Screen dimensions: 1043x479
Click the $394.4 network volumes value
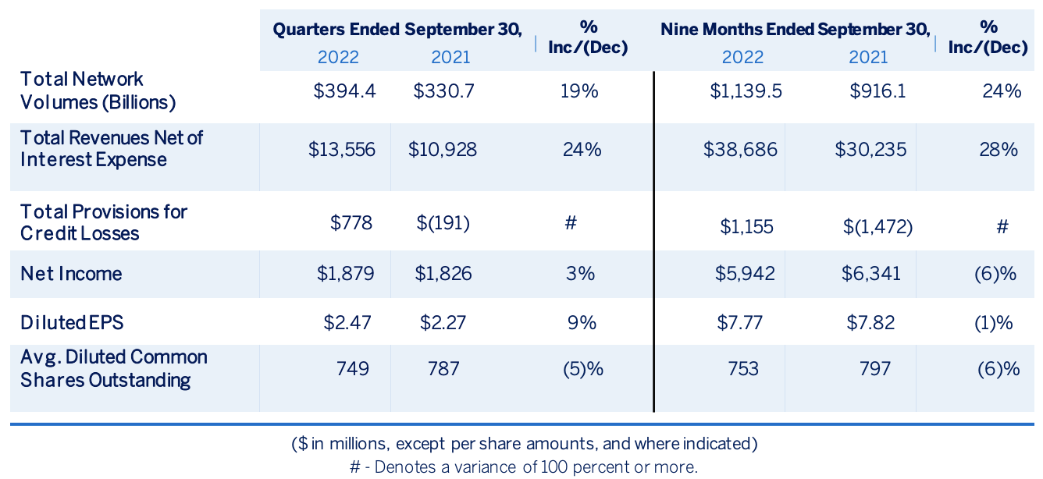344,90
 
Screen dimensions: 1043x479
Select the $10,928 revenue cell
443,150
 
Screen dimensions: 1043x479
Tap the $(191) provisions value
443,223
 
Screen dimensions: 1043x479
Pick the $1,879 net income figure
346,273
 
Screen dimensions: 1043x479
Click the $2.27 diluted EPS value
443,322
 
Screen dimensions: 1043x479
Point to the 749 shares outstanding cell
352,369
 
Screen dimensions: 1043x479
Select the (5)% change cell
583,369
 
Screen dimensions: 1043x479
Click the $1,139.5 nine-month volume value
746,90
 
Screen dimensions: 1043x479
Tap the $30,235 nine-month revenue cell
870,150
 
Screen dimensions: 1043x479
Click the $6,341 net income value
870,273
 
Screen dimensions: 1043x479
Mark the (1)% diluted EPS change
993,323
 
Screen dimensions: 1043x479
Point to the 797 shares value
875,369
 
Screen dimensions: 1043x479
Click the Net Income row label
71,273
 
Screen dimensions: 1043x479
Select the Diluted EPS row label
72,322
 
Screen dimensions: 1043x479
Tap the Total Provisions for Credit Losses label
103,222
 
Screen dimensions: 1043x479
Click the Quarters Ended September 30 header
397,30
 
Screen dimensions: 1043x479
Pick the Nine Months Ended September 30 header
796,30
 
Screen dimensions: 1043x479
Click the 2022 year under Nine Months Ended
742,57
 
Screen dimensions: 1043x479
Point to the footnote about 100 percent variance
524,467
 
